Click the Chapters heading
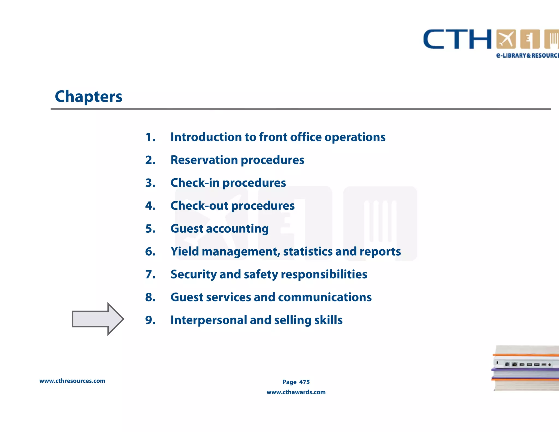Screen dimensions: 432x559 tap(88, 97)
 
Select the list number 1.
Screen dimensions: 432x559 tap(150, 137)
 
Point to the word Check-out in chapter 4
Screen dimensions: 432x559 tap(199, 206)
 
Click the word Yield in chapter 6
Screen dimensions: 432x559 tap(185, 251)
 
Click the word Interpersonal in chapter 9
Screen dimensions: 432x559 tap(209, 320)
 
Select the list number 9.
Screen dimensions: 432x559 tap(150, 320)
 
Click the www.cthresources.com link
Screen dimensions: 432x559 tap(72, 381)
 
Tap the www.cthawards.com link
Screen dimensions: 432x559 tap(296, 392)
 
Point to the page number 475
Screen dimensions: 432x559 tap(304, 382)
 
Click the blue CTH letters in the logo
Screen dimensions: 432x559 tap(457, 40)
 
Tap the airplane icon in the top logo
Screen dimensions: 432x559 tap(506, 39)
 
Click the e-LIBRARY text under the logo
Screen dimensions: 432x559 tap(512, 55)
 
